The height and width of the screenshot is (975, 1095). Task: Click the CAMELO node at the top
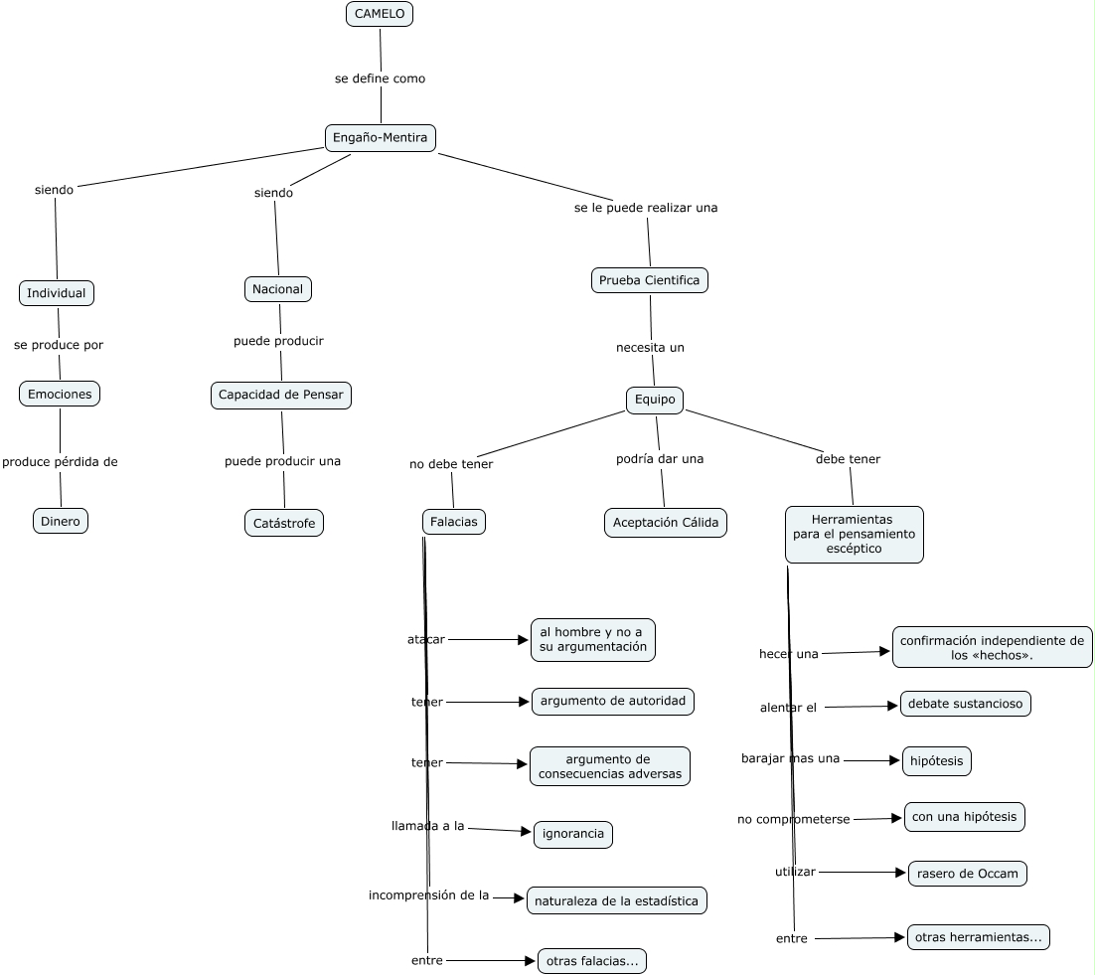[x=380, y=14]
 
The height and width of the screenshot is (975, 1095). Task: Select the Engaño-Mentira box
[x=380, y=137]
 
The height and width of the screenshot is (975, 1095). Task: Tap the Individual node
[x=57, y=293]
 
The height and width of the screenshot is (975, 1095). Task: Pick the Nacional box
[x=278, y=289]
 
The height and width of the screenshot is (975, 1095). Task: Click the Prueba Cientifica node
[x=650, y=280]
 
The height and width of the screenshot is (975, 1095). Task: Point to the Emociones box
[x=60, y=394]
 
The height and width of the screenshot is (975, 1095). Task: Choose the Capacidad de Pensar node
[x=281, y=396]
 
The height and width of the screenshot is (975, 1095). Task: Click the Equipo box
[x=655, y=400]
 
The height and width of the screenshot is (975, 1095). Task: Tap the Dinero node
[x=61, y=521]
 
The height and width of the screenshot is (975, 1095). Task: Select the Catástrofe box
[x=284, y=523]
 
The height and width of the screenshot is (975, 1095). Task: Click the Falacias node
[x=454, y=522]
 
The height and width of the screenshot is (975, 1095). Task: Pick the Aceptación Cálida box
[x=666, y=523]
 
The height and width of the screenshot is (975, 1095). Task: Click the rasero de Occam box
[x=967, y=874]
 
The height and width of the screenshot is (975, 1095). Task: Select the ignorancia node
[x=573, y=834]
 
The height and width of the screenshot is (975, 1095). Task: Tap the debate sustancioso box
[x=965, y=704]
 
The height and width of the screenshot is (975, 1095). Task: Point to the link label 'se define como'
[x=380, y=79]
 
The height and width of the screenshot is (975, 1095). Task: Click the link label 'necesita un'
[x=650, y=348]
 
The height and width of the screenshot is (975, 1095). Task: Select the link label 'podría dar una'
[x=660, y=459]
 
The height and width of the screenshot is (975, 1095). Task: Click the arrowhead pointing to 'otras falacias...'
[x=530, y=961]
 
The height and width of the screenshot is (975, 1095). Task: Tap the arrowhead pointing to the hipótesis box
[x=894, y=760]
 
